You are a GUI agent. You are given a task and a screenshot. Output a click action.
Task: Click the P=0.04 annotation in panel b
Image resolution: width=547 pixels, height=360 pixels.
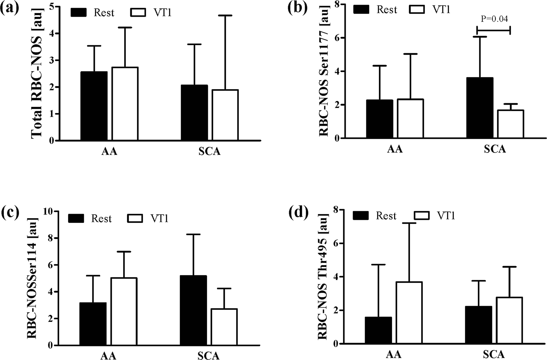494,19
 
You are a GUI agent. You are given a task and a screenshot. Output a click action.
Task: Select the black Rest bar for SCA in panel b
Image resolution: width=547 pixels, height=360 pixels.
480,108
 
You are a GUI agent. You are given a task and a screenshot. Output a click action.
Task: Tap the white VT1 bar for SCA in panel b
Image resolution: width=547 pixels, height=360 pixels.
510,124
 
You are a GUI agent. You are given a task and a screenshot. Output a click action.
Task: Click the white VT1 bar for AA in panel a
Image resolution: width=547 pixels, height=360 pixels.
125,104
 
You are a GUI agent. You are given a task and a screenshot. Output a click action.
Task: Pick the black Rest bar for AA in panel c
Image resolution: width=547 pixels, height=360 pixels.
93,324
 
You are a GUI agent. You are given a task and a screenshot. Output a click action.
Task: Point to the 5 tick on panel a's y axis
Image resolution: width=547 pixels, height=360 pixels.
51,7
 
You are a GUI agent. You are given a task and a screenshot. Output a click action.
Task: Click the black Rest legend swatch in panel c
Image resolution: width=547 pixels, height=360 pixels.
76,218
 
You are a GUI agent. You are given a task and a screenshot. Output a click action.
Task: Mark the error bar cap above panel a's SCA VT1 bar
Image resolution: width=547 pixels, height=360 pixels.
225,15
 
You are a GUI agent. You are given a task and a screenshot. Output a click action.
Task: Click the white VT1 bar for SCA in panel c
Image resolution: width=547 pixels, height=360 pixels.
224,327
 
